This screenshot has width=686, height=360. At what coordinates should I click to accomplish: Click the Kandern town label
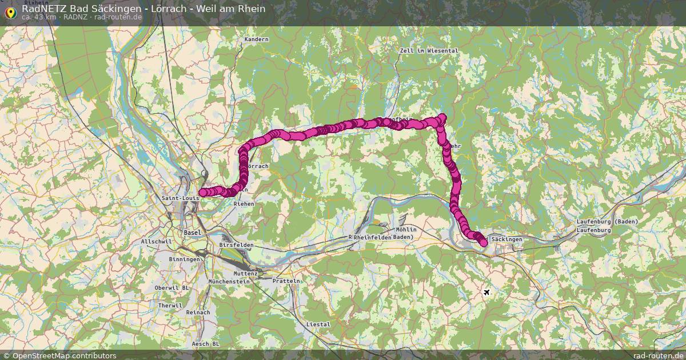pyautogui.click(x=256, y=39)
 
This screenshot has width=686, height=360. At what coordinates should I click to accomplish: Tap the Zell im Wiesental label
pyautogui.click(x=429, y=51)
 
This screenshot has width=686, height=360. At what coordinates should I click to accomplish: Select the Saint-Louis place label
pyautogui.click(x=180, y=198)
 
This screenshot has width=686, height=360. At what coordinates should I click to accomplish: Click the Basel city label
pyautogui.click(x=193, y=233)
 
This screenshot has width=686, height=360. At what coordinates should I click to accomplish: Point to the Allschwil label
pyautogui.click(x=156, y=242)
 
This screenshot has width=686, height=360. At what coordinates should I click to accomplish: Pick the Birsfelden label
pyautogui.click(x=236, y=245)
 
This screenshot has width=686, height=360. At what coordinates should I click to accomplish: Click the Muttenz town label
pyautogui.click(x=245, y=274)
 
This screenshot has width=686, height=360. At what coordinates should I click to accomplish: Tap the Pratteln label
pyautogui.click(x=286, y=281)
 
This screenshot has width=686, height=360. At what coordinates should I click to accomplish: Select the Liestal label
pyautogui.click(x=319, y=324)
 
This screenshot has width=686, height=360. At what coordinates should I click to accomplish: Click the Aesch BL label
pyautogui.click(x=206, y=344)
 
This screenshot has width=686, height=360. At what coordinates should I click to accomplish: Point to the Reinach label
pyautogui.click(x=198, y=313)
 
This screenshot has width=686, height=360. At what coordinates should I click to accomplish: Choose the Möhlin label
pyautogui.click(x=406, y=230)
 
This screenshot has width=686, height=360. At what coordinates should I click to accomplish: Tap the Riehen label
pyautogui.click(x=244, y=203)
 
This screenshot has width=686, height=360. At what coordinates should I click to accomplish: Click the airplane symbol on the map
pyautogui.click(x=486, y=293)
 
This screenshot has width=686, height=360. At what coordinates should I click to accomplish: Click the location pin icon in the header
pyautogui.click(x=10, y=11)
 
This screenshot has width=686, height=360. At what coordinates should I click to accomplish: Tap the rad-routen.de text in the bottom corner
pyautogui.click(x=659, y=355)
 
